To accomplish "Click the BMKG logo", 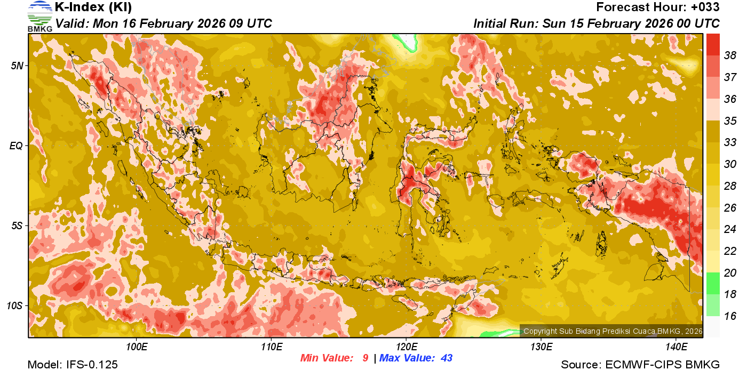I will coord(39,17).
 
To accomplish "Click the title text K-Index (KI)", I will coord(93,7).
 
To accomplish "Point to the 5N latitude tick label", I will coord(17,66).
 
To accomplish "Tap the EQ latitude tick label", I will coord(17,146).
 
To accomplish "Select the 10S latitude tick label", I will coord(15,305).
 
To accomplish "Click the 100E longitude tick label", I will coord(136,347).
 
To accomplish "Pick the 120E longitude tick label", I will coord(406,347).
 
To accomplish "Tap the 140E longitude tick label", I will coord(676,347).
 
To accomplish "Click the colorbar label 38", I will coord(730,55).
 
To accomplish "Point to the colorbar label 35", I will coord(730,120).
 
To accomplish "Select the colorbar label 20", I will coord(730,272).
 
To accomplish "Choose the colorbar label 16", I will coord(730,316).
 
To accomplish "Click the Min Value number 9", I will coord(365,358).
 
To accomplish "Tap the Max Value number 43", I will coord(446,358).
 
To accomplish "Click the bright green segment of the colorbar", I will coord(713,283).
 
